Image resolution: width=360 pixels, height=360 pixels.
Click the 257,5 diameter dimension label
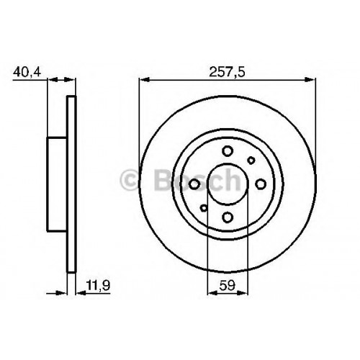pos(227,72)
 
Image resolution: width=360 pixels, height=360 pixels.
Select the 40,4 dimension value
pos(27,72)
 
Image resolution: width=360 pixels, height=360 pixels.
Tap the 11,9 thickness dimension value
pos(98,285)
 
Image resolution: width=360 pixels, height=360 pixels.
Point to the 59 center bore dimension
pos(228,285)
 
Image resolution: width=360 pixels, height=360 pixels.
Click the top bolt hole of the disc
pos(228,151)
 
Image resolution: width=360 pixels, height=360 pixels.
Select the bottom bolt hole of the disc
pos(228,217)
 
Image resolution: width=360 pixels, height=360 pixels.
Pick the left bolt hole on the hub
pos(194,184)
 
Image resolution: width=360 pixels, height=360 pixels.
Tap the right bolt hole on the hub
pos(261,184)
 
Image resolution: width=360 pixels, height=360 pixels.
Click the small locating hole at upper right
pos(251,161)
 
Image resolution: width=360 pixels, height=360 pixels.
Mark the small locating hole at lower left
pos(204,208)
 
